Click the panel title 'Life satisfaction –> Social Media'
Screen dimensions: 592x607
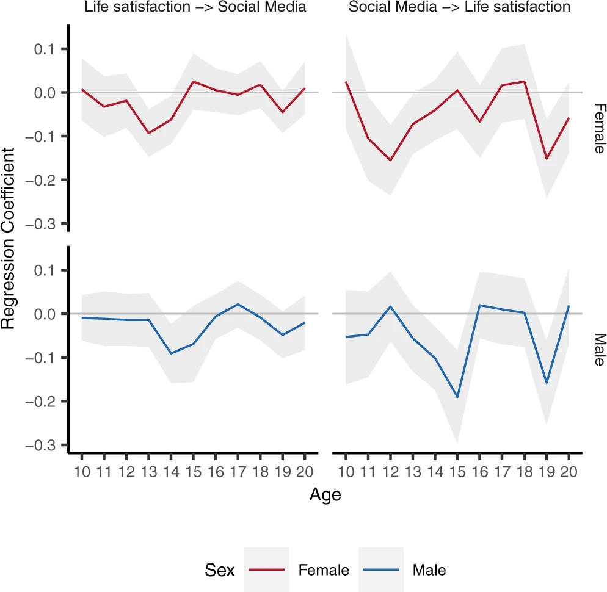195,7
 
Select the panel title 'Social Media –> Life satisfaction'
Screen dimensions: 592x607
459,7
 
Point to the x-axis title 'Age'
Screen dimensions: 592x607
325,494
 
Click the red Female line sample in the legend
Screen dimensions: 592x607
267,570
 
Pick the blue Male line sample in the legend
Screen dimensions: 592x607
381,570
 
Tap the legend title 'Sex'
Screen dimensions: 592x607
220,570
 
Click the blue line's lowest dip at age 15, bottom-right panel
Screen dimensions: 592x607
457,397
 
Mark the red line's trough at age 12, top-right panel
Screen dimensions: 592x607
390,161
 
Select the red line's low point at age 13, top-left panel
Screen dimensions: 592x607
148,133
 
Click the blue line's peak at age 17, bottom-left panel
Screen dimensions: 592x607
238,304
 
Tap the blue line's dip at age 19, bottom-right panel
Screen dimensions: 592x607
547,383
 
